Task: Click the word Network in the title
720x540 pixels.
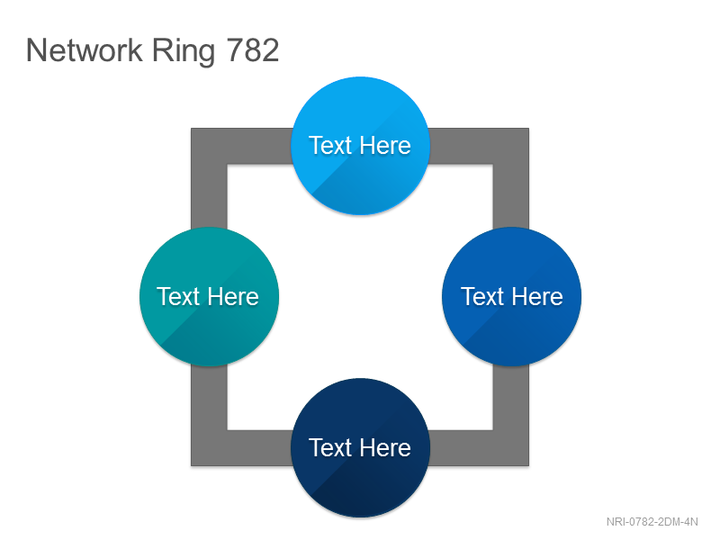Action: point(85,50)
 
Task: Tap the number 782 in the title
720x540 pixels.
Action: point(253,50)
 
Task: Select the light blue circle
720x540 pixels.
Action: point(361,146)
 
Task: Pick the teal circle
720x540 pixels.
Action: point(209,297)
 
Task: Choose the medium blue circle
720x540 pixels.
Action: point(511,297)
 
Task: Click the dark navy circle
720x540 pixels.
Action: point(361,447)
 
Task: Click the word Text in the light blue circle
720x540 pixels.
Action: point(330,146)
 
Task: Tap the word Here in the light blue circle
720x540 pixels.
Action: point(385,146)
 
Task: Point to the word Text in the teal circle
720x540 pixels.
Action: point(178,297)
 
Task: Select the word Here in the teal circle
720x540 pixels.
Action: point(233,297)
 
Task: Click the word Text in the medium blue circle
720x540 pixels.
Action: point(482,297)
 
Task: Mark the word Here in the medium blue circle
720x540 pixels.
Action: point(537,297)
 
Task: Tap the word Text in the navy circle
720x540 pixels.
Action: point(330,447)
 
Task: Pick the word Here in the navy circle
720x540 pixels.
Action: point(385,447)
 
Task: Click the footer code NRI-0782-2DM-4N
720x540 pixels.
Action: point(652,522)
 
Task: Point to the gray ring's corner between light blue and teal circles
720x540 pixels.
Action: point(209,146)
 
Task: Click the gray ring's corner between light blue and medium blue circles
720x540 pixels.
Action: point(511,146)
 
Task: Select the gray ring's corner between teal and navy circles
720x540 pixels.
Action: point(209,448)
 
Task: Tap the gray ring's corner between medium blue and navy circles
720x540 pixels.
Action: point(511,448)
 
